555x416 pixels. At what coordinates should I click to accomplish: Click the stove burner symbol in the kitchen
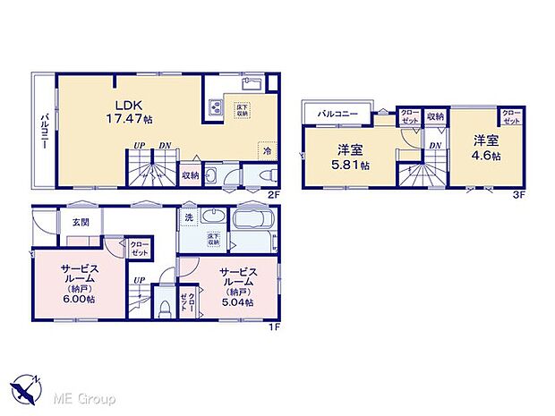point(218,107)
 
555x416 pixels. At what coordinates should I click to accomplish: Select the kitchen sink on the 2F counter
point(251,86)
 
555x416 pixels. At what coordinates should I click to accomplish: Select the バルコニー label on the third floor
point(337,115)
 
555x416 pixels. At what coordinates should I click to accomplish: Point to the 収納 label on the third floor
point(435,116)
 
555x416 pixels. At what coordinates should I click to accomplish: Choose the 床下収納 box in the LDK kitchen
point(243,110)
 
